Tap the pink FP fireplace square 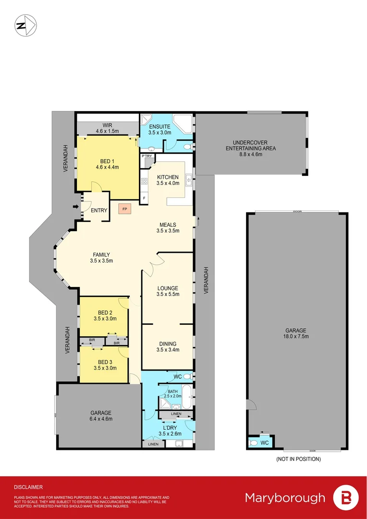click(124, 209)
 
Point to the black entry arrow click(75, 207)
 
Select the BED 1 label click(107, 161)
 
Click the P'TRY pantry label click(147, 156)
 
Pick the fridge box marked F click(144, 197)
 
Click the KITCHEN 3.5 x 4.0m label click(168, 180)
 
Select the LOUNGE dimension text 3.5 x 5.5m click(168, 294)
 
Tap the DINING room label click(168, 344)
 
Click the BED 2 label click(105, 312)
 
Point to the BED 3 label click(105, 362)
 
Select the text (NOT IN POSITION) click(298, 459)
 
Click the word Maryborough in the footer click(285, 498)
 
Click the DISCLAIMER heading click(28, 487)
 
